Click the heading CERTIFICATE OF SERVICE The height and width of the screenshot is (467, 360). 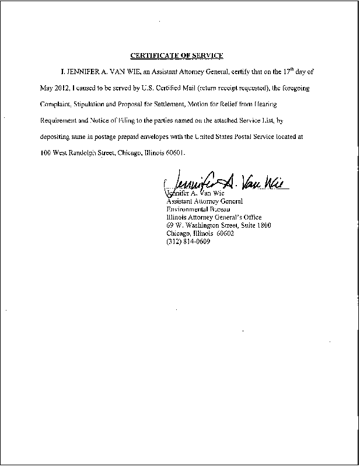point(176,55)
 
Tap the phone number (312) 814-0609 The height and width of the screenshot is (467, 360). point(188,242)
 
